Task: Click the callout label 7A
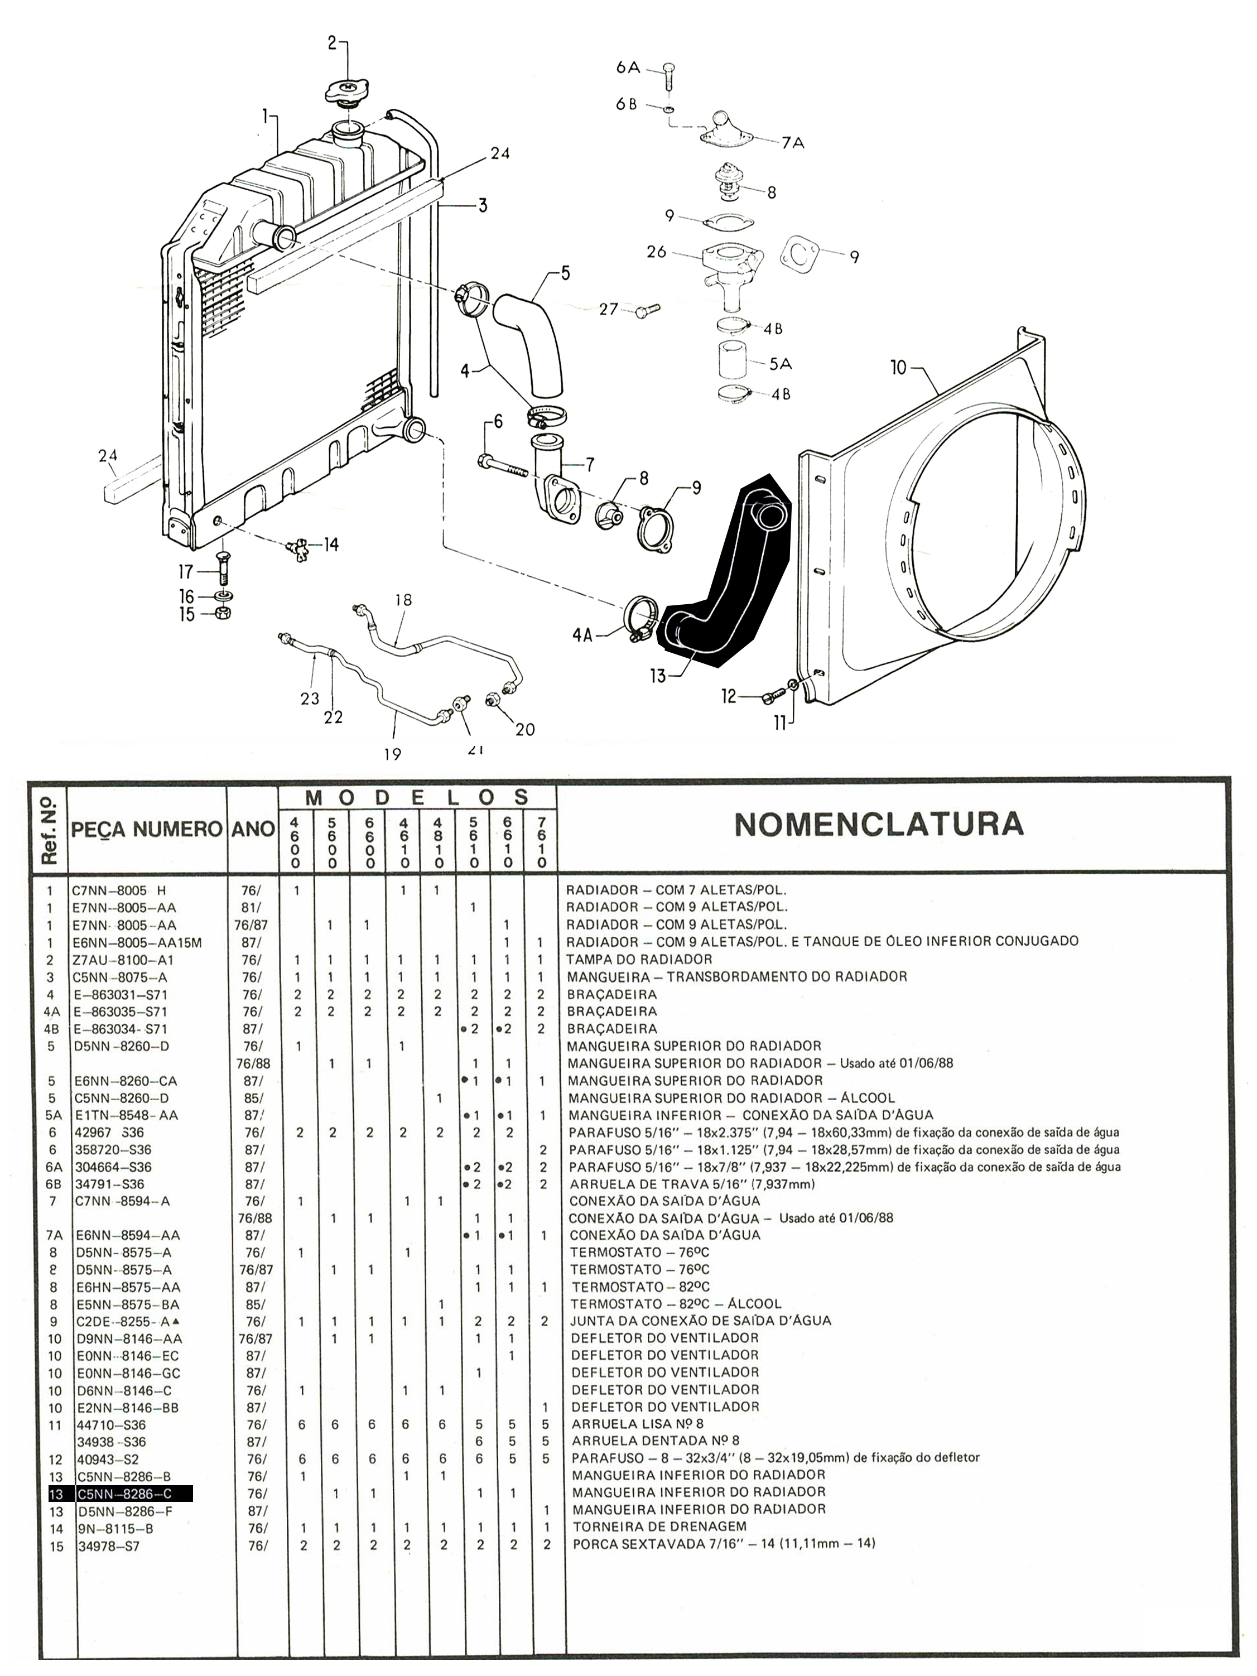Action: click(793, 142)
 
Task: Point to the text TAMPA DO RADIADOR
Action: click(639, 959)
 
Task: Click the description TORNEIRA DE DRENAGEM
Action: click(659, 1526)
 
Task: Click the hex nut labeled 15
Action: click(224, 613)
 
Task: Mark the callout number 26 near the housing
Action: click(656, 252)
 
